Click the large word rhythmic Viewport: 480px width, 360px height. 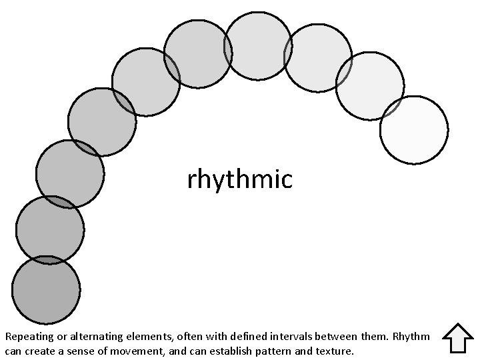240,179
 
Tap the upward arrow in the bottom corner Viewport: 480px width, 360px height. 457,338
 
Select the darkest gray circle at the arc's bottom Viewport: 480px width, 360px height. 46,290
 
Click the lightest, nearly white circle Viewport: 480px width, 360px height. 413,130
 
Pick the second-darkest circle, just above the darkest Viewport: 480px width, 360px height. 50,230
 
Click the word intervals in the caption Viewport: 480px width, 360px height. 274,337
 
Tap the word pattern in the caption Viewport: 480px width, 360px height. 288,350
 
